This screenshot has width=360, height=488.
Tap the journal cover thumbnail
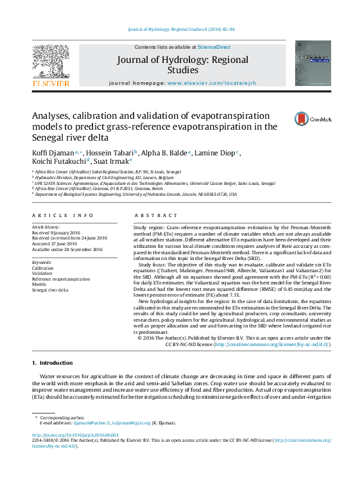point(313,64)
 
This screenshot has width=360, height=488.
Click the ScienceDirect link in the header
point(214,48)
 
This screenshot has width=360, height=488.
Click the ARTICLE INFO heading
point(62,216)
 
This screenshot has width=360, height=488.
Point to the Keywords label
point(42,262)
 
